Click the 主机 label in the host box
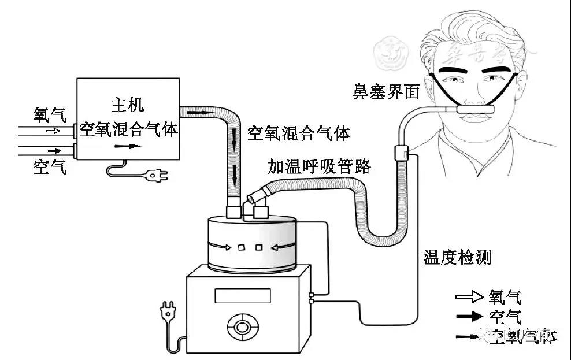(x=127, y=105)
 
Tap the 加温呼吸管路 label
(x=318, y=166)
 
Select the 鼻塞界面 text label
(x=386, y=91)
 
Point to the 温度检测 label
(x=457, y=257)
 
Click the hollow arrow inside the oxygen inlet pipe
(x=53, y=131)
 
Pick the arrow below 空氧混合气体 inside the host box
(x=128, y=146)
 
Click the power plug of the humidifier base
(x=168, y=316)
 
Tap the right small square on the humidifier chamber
(x=258, y=248)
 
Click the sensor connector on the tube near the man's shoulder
(x=400, y=153)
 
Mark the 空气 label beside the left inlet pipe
(x=50, y=168)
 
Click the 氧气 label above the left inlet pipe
(x=50, y=114)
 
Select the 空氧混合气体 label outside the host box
(x=299, y=134)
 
